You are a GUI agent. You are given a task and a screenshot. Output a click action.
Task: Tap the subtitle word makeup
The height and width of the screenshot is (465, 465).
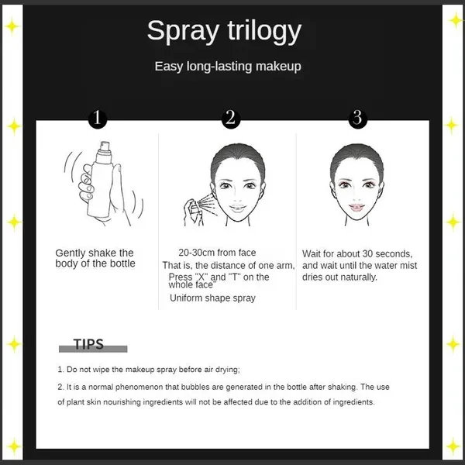click(x=278, y=67)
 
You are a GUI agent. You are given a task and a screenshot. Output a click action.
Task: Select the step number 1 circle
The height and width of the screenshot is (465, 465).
click(x=98, y=119)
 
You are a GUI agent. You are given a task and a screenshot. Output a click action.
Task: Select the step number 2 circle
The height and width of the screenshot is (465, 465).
click(x=230, y=119)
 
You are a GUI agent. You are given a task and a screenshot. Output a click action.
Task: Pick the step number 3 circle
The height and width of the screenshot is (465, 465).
click(x=357, y=119)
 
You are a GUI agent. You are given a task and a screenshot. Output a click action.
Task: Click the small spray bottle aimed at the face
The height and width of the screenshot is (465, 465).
click(x=192, y=210)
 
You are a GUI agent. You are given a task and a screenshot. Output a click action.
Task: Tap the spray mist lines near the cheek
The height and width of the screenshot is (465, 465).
click(x=207, y=205)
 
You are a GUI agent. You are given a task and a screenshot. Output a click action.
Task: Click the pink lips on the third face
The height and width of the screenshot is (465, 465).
click(x=356, y=208)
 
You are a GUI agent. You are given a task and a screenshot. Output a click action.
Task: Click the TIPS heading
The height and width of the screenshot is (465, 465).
click(x=88, y=345)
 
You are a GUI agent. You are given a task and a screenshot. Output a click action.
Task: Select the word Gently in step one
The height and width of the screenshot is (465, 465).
click(x=71, y=253)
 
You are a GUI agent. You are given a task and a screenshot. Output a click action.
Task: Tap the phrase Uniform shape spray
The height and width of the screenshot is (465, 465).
click(x=212, y=298)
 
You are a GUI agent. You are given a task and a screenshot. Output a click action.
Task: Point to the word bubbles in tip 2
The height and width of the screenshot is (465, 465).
click(x=195, y=387)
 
